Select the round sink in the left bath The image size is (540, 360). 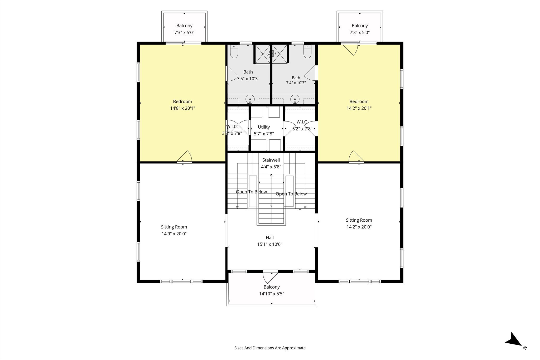(250, 99)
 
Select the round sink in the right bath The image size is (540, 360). (295, 99)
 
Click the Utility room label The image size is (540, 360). (264, 127)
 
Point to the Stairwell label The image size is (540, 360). (271, 160)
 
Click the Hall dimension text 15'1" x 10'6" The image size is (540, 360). (270, 244)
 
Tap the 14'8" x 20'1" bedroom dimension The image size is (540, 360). (182, 108)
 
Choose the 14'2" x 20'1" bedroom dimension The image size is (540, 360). (359, 108)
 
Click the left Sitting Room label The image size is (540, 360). (174, 227)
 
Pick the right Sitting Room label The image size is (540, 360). (359, 220)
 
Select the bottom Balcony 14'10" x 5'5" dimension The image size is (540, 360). (272, 294)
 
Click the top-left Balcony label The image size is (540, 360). (184, 26)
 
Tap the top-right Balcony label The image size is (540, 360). (360, 26)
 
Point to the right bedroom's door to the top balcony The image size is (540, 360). (350, 50)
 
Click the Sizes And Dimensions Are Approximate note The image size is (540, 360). (270, 348)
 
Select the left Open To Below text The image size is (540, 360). (251, 192)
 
